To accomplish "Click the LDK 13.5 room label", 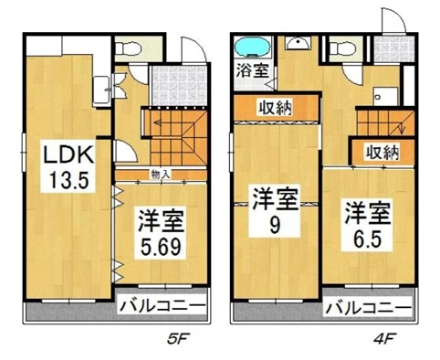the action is pos(68,166).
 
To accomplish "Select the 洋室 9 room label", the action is pos(275,211).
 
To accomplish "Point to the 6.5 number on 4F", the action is pos(367,239).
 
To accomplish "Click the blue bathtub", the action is pos(252,48).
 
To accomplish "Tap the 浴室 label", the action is pos(253,71).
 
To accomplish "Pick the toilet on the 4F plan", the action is pos(343,48).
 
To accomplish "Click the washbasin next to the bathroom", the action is pos(298,43).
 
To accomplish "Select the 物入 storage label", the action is pos(160,175).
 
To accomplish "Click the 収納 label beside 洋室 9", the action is pos(276,108).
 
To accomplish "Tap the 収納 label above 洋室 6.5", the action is pos(382,153).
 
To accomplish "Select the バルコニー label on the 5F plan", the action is pos(162,305).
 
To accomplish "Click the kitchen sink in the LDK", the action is pos(101,90).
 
